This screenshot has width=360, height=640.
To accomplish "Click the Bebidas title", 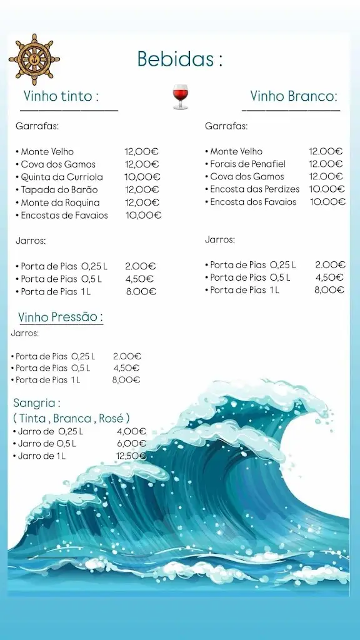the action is tap(180, 60).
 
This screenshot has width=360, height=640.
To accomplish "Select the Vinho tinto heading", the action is tap(61, 96).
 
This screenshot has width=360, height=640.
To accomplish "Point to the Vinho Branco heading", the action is tap(294, 96).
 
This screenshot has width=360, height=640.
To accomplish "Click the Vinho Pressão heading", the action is tap(61, 317).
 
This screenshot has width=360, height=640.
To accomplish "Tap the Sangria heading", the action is tap(37, 404).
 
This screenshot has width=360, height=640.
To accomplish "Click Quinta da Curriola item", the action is tap(62, 177).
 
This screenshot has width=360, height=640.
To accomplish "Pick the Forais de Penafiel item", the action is tap(247, 164).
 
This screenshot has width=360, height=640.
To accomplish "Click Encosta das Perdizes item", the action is tap(254, 189).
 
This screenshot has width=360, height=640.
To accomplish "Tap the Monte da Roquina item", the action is tap(60, 202).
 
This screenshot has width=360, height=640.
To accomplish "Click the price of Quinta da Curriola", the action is tap(141, 177).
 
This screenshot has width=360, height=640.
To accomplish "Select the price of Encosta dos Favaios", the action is tap(327, 202).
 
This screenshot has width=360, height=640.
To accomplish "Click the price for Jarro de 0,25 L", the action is tap(131, 431).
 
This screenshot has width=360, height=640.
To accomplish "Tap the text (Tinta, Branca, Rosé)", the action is tap(71, 418).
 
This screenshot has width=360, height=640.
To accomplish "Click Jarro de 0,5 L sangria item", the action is tap(47, 444).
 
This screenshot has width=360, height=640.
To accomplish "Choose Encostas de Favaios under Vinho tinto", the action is tap(64, 215).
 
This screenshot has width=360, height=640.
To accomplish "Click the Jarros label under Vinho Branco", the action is tap(220, 239).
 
